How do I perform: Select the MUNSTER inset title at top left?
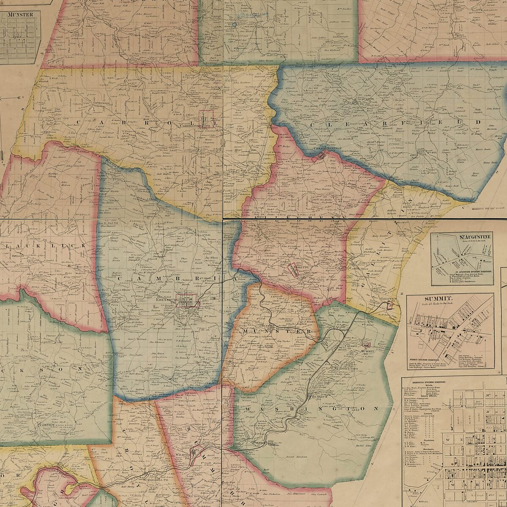(20, 14)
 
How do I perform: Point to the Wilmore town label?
(183, 455)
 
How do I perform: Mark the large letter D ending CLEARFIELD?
(478, 122)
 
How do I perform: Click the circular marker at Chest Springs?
(322, 155)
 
